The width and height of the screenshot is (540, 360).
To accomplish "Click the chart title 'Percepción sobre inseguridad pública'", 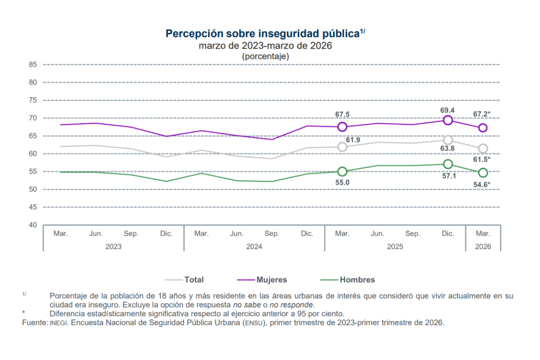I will (x=263, y=34).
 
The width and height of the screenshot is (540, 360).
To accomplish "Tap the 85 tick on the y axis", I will (x=32, y=64).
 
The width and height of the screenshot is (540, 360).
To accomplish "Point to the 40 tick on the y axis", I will (x=32, y=225).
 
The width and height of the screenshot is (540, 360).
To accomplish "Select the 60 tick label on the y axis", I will (x=32, y=154).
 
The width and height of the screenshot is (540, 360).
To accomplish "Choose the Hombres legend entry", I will (x=357, y=279).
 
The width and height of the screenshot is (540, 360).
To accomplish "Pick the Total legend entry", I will (x=193, y=279).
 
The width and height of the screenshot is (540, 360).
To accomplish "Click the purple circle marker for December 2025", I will (x=448, y=120).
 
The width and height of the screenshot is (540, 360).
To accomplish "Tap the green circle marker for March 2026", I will (x=483, y=173).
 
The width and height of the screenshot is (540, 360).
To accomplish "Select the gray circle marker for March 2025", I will (x=342, y=147).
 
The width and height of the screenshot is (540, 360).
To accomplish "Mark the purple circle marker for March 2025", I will (x=342, y=127).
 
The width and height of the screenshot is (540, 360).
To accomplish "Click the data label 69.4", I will (x=447, y=110).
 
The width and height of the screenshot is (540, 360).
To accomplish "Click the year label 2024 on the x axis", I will (x=254, y=247).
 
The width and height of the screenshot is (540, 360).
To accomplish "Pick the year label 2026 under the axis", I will (x=483, y=247).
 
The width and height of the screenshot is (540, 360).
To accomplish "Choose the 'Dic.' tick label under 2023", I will (x=166, y=234).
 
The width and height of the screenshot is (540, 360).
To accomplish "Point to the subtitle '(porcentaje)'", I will (x=265, y=56).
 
